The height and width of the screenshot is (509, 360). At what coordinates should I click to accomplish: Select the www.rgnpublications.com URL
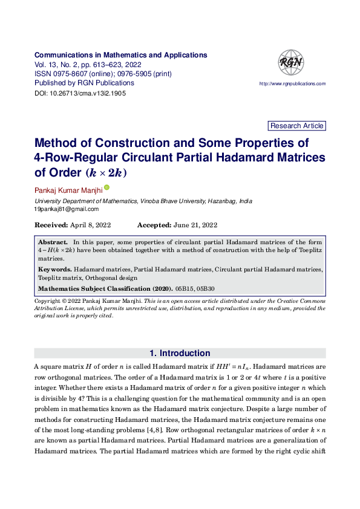pos(292,83)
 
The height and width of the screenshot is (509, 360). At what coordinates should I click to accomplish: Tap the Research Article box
pos(296,126)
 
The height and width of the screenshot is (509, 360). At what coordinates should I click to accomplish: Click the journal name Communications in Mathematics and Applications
pos(120,55)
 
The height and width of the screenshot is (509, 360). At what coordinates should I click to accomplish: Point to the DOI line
pos(80,94)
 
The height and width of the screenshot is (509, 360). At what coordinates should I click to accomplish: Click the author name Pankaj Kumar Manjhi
pos(68,190)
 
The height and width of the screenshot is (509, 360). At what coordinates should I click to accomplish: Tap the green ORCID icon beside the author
pos(106,188)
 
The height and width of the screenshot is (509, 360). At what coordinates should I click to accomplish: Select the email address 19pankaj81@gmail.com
pos(66,209)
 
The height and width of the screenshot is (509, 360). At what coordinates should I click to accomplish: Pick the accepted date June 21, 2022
pos(195,225)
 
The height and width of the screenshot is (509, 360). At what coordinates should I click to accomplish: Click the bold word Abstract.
pos(53,242)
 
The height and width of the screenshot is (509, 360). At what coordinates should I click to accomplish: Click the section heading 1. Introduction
pos(180,354)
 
